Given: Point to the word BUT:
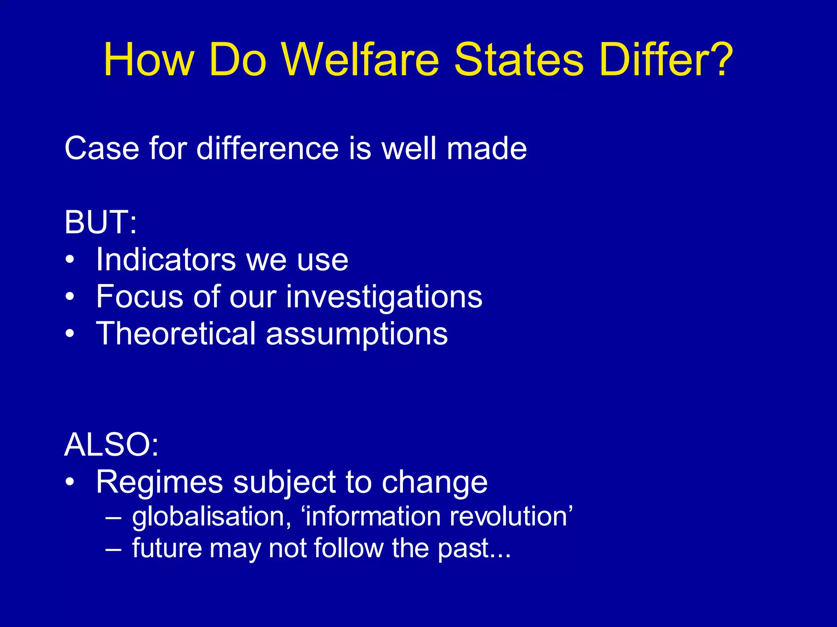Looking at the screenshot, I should pyautogui.click(x=101, y=222).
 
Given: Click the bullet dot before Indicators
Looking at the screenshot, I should pyautogui.click(x=70, y=260).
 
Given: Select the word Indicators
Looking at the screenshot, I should pyautogui.click(x=166, y=260).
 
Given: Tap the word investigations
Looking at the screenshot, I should pyautogui.click(x=384, y=297).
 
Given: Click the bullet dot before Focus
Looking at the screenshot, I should pyautogui.click(x=70, y=297).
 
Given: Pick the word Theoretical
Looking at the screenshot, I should pyautogui.click(x=176, y=334).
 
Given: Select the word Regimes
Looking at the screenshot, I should pyautogui.click(x=159, y=482).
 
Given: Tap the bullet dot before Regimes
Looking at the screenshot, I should pyautogui.click(x=70, y=482).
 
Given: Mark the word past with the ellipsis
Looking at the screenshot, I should pyautogui.click(x=474, y=548).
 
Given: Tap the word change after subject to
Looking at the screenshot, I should pyautogui.click(x=434, y=482).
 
